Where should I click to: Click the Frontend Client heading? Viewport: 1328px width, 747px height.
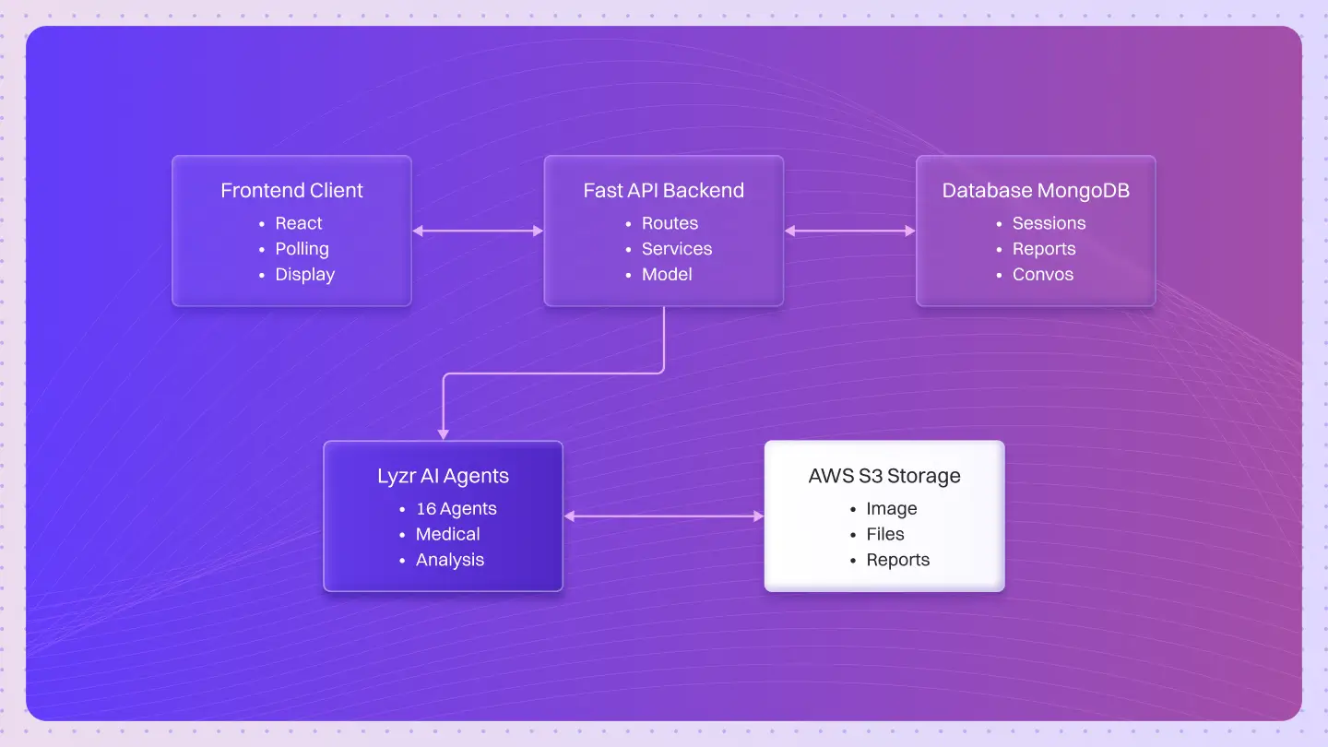[x=291, y=191]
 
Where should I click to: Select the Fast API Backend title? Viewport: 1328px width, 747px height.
[x=663, y=191]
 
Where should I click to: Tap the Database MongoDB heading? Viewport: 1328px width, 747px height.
[x=1035, y=191]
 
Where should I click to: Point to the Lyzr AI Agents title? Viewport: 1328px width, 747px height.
[x=443, y=477]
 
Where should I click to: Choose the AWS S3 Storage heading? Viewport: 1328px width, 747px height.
[x=884, y=477]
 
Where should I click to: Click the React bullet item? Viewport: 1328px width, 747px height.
[x=299, y=223]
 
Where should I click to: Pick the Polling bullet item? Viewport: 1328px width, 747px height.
[x=302, y=249]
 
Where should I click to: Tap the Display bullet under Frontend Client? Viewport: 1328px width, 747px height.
[x=304, y=275]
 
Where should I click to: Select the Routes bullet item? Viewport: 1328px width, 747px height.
[x=670, y=223]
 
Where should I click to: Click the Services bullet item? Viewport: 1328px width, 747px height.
[x=677, y=249]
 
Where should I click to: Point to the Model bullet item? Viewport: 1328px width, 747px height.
[x=667, y=275]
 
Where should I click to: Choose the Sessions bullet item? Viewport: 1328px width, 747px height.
[x=1049, y=223]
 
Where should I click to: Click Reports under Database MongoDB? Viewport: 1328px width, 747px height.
[x=1044, y=249]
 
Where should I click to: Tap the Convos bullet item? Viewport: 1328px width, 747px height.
[x=1043, y=275]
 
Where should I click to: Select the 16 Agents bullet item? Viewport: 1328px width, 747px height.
[x=456, y=509]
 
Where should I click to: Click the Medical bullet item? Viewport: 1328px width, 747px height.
[x=447, y=535]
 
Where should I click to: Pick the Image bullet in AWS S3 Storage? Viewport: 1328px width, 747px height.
[x=891, y=509]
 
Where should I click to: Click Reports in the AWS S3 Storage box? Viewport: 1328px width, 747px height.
[x=897, y=561]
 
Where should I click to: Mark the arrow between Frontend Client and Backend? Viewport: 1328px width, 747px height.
[x=478, y=231]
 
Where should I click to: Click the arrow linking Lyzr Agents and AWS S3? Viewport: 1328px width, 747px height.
[x=664, y=516]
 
